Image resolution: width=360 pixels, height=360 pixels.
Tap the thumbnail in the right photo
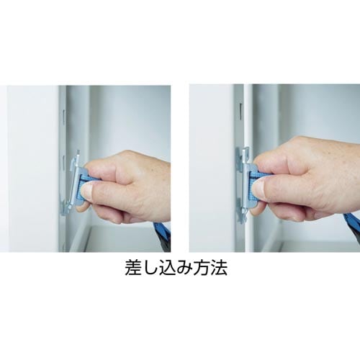point(261,189)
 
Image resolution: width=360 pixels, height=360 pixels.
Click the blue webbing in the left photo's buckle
point(86,179)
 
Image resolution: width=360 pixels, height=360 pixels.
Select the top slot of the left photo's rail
point(63,117)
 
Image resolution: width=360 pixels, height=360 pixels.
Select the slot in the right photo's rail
point(240,111)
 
